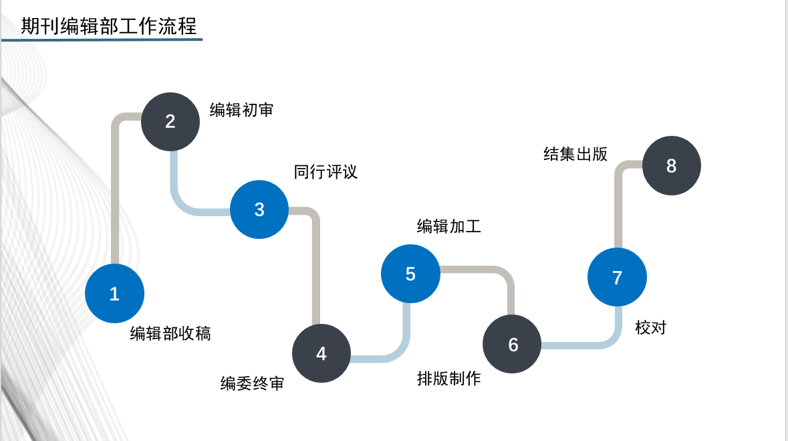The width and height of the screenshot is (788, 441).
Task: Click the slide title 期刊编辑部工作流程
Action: click(x=109, y=26)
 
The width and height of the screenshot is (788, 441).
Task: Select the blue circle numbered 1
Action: click(x=114, y=294)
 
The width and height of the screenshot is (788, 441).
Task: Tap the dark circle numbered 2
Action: click(x=170, y=121)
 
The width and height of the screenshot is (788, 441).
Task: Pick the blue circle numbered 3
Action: click(x=259, y=209)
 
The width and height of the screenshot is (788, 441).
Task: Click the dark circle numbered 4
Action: click(x=321, y=353)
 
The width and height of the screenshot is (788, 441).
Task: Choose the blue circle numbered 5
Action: click(x=410, y=274)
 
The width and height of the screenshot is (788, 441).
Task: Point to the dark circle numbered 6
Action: click(x=513, y=344)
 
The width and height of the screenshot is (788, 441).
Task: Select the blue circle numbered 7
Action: click(x=617, y=278)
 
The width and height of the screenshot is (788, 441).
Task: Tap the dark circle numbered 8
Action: click(x=671, y=166)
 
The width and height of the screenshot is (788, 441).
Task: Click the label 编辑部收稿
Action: click(x=170, y=333)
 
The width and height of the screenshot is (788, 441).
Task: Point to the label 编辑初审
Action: click(x=241, y=110)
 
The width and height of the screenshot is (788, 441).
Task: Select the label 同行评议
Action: click(x=325, y=172)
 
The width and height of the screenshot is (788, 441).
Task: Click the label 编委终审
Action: click(x=252, y=384)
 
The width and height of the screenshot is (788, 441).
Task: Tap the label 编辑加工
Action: click(x=448, y=227)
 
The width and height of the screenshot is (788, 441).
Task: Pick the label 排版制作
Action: click(x=448, y=379)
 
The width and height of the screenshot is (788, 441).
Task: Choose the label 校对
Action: click(x=650, y=328)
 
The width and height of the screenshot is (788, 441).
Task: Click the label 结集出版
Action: click(x=575, y=154)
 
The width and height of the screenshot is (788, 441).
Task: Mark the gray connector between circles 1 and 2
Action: click(x=115, y=194)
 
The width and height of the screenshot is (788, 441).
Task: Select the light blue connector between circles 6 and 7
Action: click(x=581, y=345)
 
